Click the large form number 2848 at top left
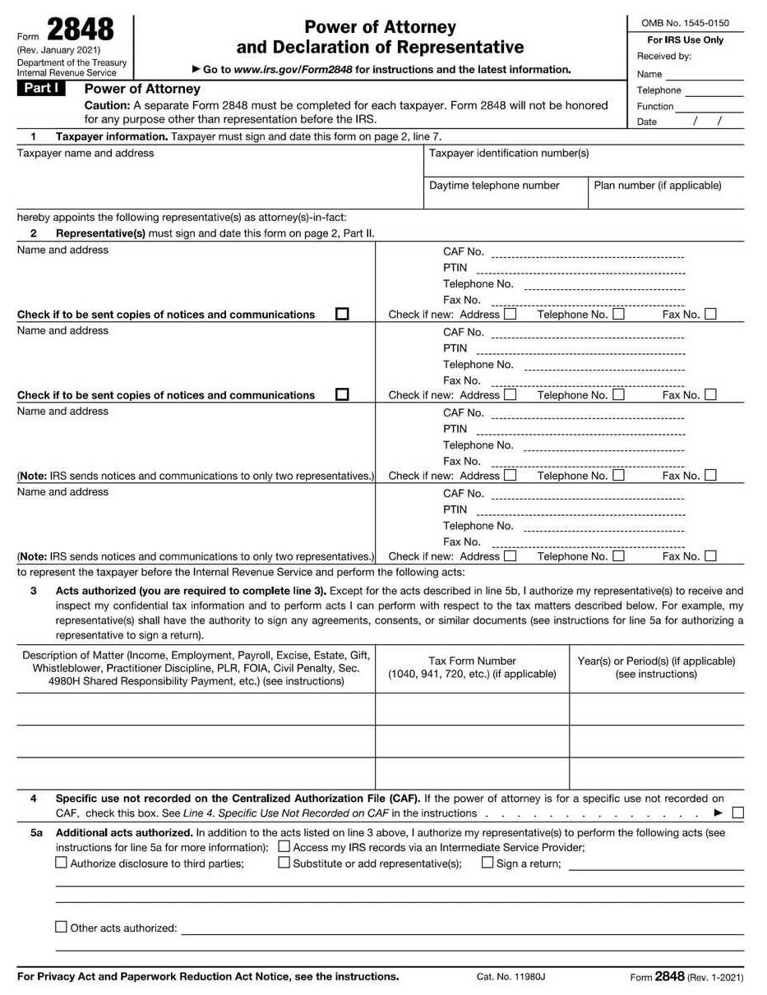tap(80, 30)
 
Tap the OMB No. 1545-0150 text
tap(685, 23)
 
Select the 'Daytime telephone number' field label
tap(494, 186)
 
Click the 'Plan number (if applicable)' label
tap(658, 186)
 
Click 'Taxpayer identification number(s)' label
tap(509, 154)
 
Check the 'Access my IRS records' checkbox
tap(284, 846)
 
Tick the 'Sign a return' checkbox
tap(487, 863)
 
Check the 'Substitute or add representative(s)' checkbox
tap(284, 863)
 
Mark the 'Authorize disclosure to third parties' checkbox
tap(61, 863)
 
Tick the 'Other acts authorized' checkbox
tap(61, 927)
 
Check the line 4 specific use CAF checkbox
tap(737, 813)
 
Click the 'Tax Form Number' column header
tap(472, 661)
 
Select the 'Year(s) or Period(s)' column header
tap(656, 661)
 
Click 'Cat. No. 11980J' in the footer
tap(511, 977)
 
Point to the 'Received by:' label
tap(663, 57)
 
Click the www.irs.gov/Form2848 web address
tap(293, 70)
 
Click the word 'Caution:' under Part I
tap(107, 105)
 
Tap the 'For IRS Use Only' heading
tap(685, 40)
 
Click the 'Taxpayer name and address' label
tap(85, 154)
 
